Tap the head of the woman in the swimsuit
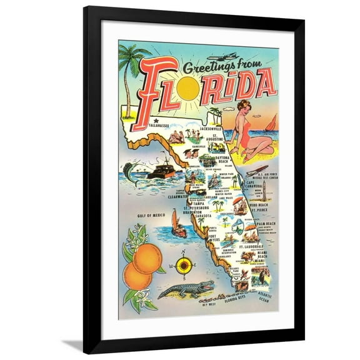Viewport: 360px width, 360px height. pos(244,106)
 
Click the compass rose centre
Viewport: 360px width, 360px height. pos(183,266)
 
